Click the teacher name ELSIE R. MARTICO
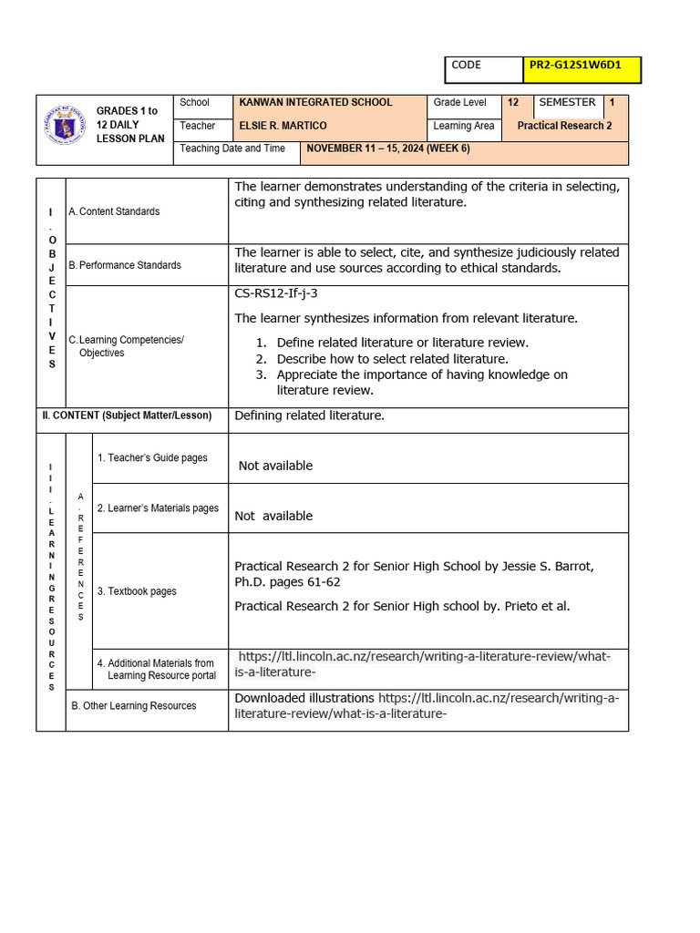[283, 126]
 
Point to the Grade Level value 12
[513, 103]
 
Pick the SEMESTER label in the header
[567, 103]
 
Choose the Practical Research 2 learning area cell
[564, 126]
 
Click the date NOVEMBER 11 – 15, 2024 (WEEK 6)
[388, 149]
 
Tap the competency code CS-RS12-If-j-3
[276, 293]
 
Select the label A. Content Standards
[114, 211]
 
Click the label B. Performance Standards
[125, 265]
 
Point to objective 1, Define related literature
[402, 343]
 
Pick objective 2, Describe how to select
[392, 359]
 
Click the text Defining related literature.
[309, 415]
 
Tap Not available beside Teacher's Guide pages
[275, 466]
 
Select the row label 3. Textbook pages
[137, 591]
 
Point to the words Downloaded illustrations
[304, 698]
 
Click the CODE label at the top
[466, 66]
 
